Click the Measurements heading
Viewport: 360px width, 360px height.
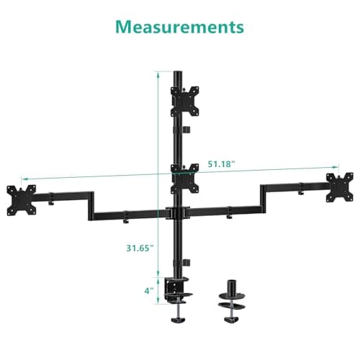[x=180, y=27]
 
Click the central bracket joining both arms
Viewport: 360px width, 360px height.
[x=177, y=213]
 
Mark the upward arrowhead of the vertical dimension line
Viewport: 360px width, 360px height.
[x=157, y=73]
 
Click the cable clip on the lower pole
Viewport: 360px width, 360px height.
[x=186, y=262]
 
